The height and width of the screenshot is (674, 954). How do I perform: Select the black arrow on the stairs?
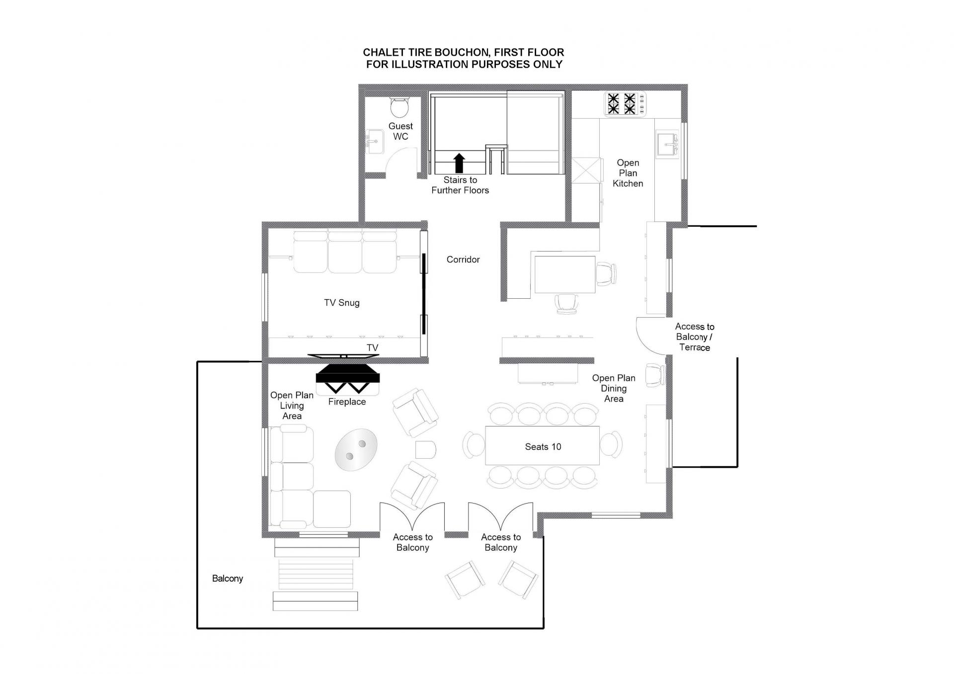tap(460, 163)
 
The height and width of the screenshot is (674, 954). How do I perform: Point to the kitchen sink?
tap(668, 144)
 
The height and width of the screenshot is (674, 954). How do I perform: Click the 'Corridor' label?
tap(463, 259)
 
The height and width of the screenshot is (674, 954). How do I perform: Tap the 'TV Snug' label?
tap(342, 303)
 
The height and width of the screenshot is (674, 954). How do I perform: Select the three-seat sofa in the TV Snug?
tap(345, 251)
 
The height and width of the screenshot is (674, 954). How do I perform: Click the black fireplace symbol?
tap(348, 378)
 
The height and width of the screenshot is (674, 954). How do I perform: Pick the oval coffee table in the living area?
tap(356, 450)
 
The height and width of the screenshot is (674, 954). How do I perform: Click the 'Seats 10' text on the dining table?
tap(543, 447)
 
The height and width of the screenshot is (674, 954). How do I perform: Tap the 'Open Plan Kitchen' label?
tap(628, 173)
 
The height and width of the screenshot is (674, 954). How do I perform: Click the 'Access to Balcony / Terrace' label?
tap(695, 337)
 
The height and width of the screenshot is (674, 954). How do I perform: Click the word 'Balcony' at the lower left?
tap(228, 579)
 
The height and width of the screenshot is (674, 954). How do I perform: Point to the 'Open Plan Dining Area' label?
tap(614, 388)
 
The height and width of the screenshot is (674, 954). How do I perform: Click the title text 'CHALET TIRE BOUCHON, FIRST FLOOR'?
tap(464, 52)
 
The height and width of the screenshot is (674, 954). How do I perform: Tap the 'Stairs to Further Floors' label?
tap(460, 185)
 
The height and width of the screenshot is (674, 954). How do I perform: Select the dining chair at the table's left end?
tap(474, 444)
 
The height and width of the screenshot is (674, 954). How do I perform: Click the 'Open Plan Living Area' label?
tap(292, 406)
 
